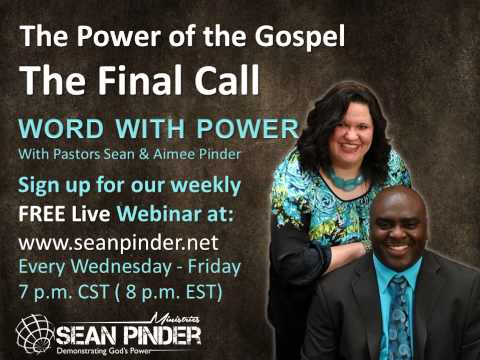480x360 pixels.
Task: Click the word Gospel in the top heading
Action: click(x=300, y=37)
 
